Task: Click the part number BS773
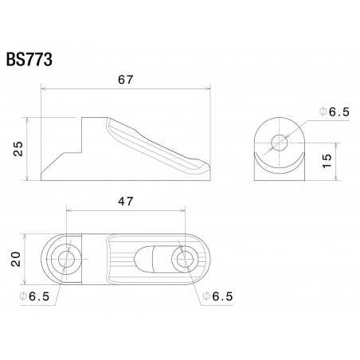tap(30, 61)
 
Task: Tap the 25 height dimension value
tap(17, 148)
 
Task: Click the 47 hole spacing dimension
tap(125, 202)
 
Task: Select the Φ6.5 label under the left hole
tap(35, 297)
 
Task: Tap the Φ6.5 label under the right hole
tap(217, 297)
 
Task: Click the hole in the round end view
tap(280, 143)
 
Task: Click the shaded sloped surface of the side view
tap(159, 143)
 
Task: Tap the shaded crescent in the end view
tap(280, 165)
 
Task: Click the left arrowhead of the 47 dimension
tap(68, 211)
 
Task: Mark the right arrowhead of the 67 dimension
tap(211, 89)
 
